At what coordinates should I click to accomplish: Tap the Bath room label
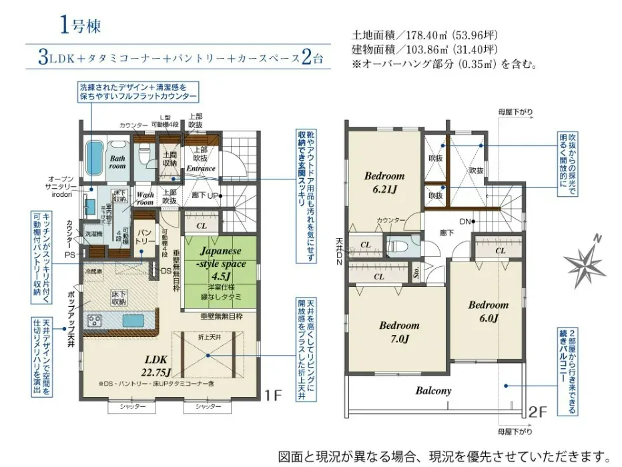click(x=117, y=162)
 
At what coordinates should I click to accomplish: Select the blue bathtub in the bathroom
click(x=95, y=155)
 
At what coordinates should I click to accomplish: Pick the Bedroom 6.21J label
click(x=384, y=182)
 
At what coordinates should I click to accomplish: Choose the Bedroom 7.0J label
click(x=399, y=332)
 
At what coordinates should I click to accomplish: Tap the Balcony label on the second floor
click(x=434, y=391)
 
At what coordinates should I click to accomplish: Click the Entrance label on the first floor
click(x=200, y=168)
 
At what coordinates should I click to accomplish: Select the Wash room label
click(x=145, y=199)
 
